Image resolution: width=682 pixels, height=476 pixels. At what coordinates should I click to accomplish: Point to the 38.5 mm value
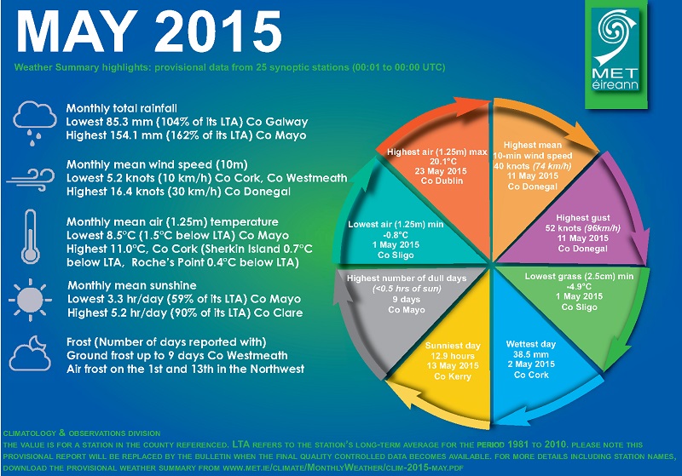(531, 354)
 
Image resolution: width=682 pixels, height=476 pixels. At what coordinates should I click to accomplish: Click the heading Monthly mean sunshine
(132, 285)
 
